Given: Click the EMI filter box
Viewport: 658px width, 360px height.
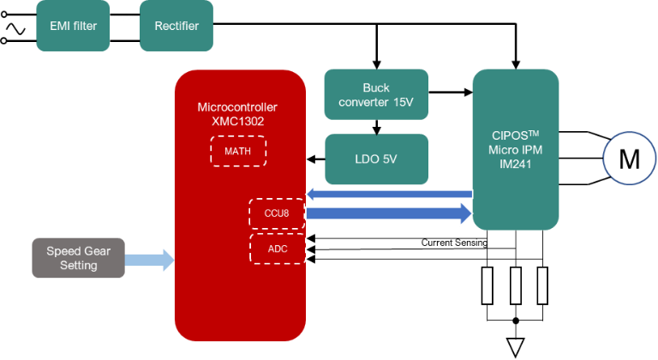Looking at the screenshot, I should [x=74, y=25].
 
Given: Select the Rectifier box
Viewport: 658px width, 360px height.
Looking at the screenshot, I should [x=176, y=25].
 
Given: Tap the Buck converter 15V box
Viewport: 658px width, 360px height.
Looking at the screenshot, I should [x=376, y=94].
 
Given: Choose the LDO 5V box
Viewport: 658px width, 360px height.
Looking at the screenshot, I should [x=376, y=159].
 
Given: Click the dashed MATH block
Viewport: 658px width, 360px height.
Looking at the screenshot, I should [x=238, y=151].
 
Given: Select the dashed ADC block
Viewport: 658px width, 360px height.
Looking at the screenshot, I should [x=277, y=248].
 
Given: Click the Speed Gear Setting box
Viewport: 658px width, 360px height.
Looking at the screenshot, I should [x=78, y=258].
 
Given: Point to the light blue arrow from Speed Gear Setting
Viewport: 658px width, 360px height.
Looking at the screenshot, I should [x=149, y=259].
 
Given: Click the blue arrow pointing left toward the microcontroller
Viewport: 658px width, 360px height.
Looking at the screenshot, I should [x=390, y=194].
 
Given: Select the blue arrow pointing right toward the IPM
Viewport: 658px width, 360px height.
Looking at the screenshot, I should [x=390, y=213].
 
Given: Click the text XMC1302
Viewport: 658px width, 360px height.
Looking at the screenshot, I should [x=237, y=122].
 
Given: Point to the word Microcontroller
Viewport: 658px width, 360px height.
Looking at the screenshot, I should [x=237, y=107].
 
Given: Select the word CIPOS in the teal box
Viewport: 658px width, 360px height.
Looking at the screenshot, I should [x=509, y=135].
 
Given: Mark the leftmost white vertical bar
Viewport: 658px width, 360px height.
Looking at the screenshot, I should [x=488, y=285].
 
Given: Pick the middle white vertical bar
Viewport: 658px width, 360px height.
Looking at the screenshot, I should [x=515, y=285].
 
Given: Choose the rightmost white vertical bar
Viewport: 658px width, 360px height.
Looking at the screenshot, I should [x=542, y=285].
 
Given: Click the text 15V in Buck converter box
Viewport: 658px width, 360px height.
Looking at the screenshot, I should [x=404, y=102].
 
